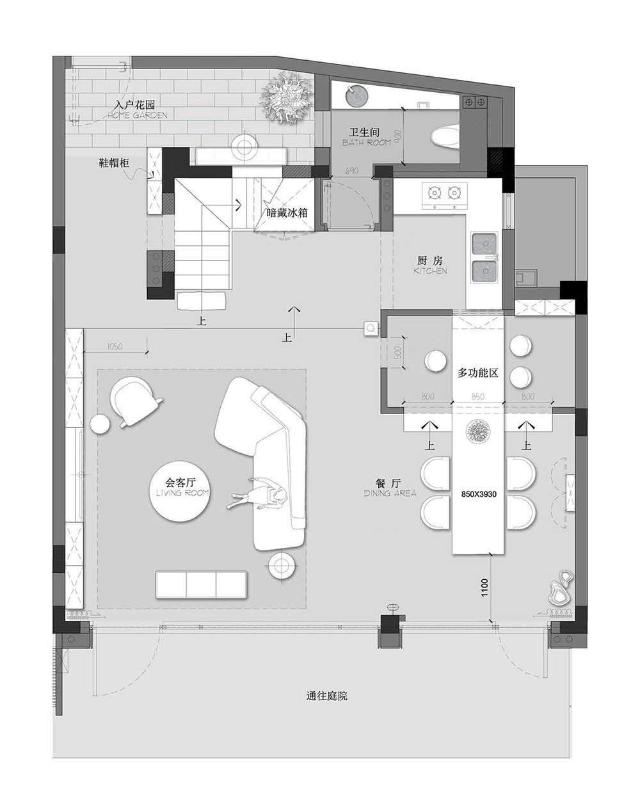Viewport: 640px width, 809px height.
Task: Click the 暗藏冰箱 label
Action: pyautogui.click(x=287, y=213)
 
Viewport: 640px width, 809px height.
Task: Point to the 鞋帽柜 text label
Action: pyautogui.click(x=113, y=163)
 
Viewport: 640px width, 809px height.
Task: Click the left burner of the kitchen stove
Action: pyautogui.click(x=434, y=191)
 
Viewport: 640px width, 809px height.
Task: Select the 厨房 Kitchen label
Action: pyautogui.click(x=429, y=265)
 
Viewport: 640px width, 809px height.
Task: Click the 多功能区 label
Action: pyautogui.click(x=477, y=373)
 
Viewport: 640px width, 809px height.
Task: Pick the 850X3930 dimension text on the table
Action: pyautogui.click(x=478, y=495)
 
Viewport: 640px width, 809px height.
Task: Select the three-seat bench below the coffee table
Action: pyautogui.click(x=201, y=584)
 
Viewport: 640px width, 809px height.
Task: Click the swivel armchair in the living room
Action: pyautogui.click(x=134, y=399)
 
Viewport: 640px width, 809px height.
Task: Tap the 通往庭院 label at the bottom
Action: pyautogui.click(x=326, y=696)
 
